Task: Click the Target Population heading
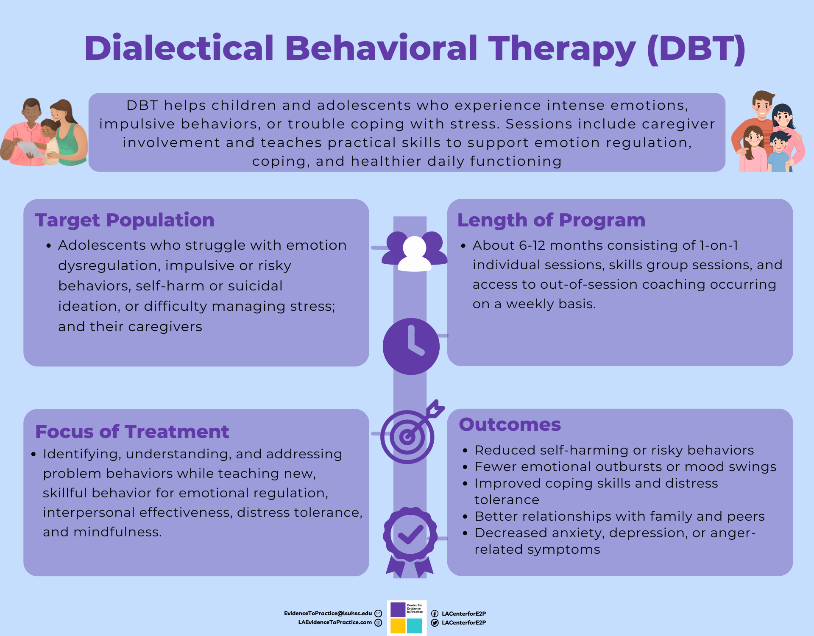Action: coord(125,220)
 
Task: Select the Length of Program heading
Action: coord(551,220)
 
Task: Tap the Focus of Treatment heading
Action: coord(132,432)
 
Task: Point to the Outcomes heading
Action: coord(510,424)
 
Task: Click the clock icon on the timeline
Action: coord(411,346)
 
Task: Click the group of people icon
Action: coord(414,251)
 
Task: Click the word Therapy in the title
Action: coord(562,48)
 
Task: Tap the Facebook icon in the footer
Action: coord(435,614)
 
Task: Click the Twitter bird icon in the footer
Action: coord(435,623)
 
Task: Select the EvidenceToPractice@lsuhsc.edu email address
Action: coord(328,614)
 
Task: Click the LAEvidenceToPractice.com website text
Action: coord(335,622)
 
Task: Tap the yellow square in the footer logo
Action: coord(398,626)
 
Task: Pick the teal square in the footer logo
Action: coord(414,626)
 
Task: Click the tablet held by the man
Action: coord(30,149)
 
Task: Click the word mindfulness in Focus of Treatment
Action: coord(117,532)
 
